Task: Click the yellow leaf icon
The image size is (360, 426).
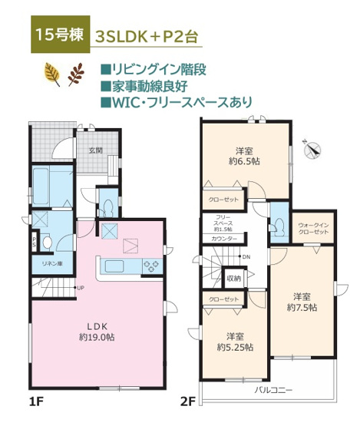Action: point(53,74)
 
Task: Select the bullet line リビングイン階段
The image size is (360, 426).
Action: point(158,68)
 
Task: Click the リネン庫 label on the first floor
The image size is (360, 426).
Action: point(51,263)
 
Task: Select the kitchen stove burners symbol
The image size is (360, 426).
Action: point(150,266)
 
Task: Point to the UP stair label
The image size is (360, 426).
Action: point(80,288)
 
